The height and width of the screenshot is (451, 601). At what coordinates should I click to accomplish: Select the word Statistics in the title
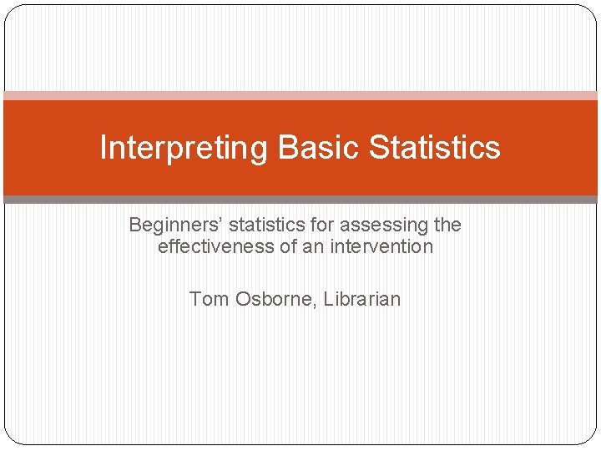coord(435,148)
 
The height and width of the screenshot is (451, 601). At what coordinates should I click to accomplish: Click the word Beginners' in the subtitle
coord(175,225)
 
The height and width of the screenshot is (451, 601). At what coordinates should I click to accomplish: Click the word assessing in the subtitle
coord(382,225)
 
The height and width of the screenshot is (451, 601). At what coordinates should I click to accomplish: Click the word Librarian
coord(361,299)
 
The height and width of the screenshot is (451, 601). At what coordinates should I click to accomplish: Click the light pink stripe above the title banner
coord(300,96)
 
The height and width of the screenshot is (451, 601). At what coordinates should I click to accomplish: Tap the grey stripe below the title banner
coord(300,200)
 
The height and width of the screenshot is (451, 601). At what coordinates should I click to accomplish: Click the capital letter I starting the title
coord(104,148)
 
